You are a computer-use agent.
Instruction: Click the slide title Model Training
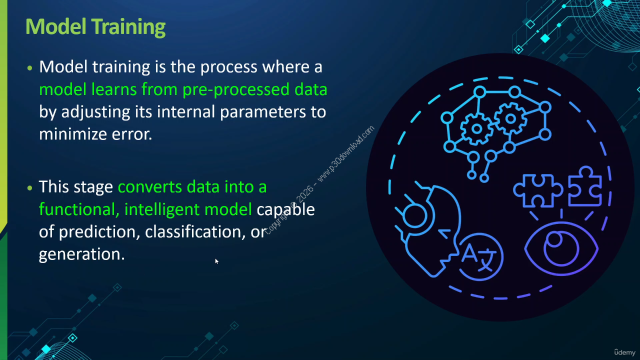(x=95, y=27)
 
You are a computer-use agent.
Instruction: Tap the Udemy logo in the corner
(x=624, y=352)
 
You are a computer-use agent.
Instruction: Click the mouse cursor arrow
(x=216, y=261)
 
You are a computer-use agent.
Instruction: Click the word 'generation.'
(x=81, y=254)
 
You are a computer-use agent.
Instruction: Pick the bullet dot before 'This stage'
(x=29, y=188)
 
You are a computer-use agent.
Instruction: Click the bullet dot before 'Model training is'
(x=29, y=68)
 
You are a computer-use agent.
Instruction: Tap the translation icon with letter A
(x=481, y=256)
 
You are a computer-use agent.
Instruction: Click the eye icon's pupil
(x=555, y=239)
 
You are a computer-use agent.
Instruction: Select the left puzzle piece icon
(x=538, y=190)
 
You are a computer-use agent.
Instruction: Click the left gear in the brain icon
(x=476, y=129)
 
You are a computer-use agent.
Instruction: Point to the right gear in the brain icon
(x=510, y=119)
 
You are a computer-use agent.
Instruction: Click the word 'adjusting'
(x=95, y=112)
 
